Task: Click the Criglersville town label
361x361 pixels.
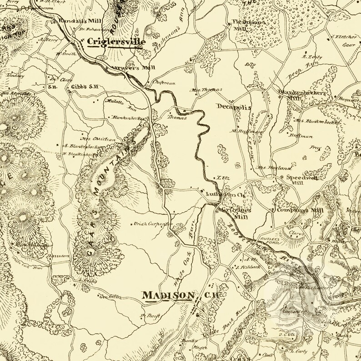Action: pos(116,42)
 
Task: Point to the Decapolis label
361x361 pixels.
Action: pos(234,107)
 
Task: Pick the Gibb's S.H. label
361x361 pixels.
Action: pos(84,86)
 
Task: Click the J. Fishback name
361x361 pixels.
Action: pos(248,267)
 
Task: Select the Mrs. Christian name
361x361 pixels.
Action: pos(95,139)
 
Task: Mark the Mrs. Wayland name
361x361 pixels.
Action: pos(268,167)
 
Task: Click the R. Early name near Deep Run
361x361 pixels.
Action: pos(311,57)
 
